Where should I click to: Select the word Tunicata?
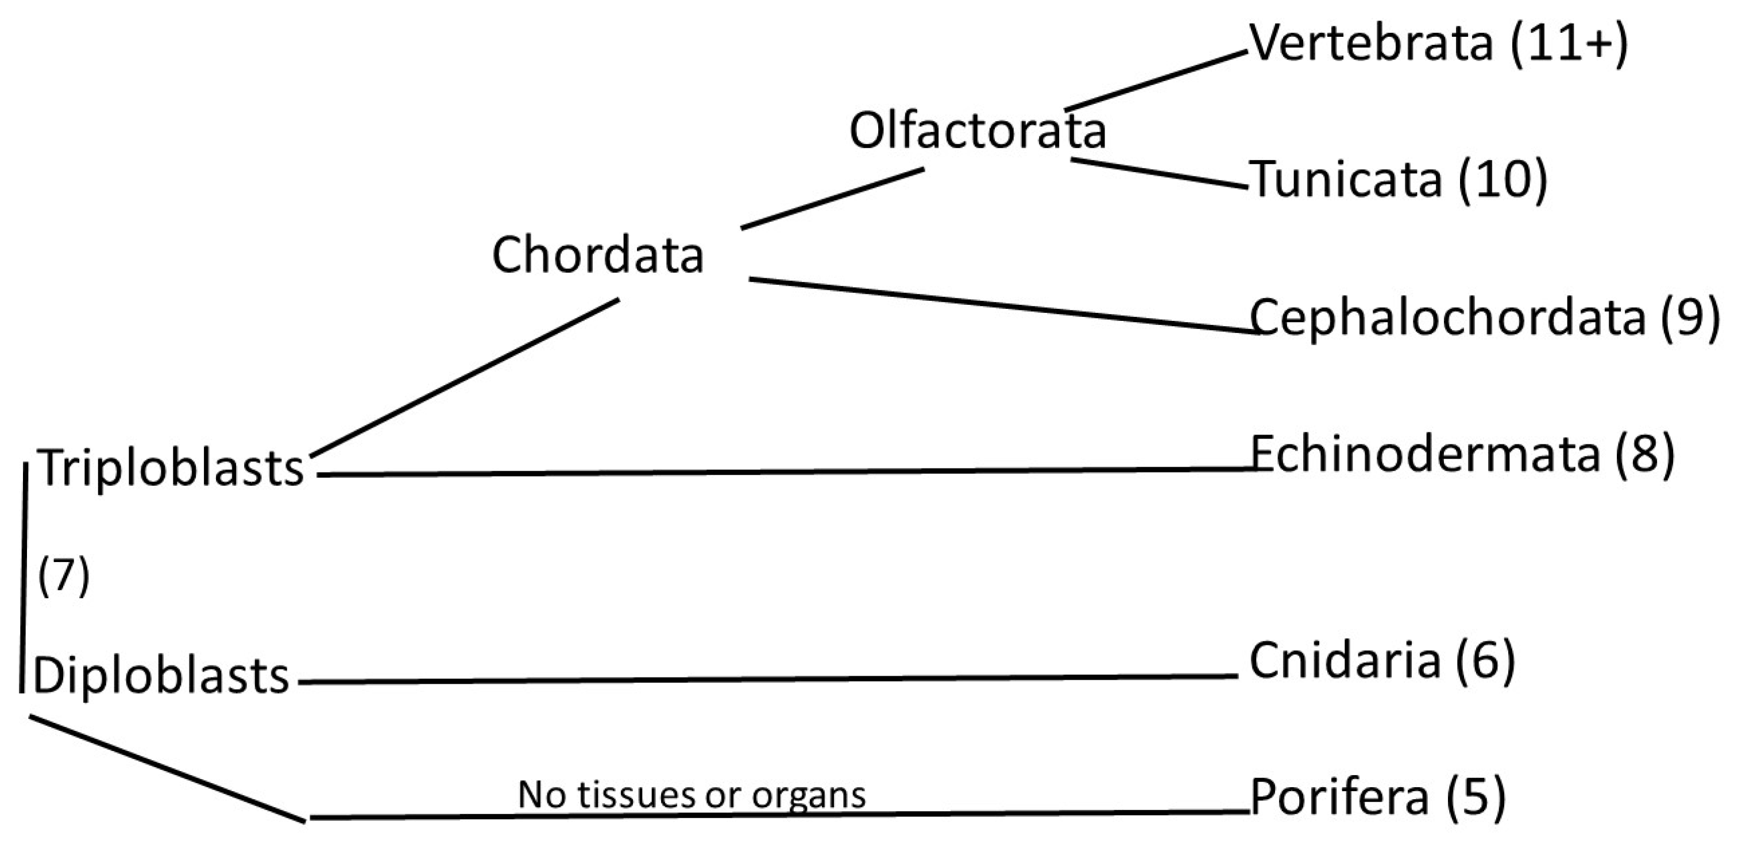(x=1347, y=180)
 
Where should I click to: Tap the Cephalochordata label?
(x=1448, y=317)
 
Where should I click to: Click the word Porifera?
(x=1340, y=797)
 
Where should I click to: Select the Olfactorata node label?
(x=977, y=131)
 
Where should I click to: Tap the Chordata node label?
(x=598, y=255)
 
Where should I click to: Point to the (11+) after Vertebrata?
(x=1569, y=43)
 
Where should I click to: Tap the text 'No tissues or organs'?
(x=692, y=795)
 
